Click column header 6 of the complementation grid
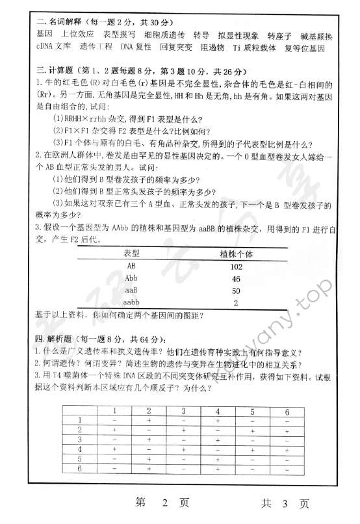point(286,411)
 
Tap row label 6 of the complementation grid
point(79,467)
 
